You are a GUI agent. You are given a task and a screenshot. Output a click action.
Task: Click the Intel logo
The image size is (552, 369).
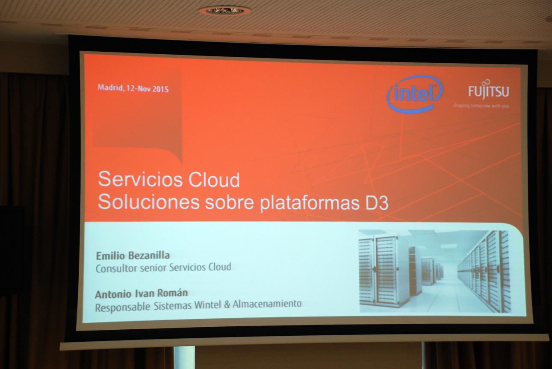414,94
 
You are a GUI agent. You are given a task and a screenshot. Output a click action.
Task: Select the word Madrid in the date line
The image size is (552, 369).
111,88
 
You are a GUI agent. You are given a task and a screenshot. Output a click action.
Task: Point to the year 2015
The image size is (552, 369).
160,89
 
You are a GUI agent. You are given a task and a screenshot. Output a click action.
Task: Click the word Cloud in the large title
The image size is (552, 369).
214,180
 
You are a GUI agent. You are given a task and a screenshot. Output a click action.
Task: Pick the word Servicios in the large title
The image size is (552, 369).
140,179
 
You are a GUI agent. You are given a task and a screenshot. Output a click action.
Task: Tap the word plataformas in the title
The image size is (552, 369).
310,204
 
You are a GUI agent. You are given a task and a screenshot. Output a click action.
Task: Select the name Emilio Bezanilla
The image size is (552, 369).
133,256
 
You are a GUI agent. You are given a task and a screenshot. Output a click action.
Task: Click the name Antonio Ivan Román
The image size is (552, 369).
142,294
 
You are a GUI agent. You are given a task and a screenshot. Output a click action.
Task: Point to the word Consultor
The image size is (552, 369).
116,268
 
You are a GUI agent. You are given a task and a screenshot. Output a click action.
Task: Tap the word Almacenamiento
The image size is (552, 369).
267,304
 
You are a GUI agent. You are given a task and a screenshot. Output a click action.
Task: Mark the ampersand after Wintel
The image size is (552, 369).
227,305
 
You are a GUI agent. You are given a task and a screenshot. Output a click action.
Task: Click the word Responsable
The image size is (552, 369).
122,307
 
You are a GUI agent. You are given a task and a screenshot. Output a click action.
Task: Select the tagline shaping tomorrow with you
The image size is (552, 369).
481,106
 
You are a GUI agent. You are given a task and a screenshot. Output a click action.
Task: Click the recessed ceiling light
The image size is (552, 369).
225,11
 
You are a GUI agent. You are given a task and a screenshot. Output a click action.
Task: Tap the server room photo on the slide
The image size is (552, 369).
435,271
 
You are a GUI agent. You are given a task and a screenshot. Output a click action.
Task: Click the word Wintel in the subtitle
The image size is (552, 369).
207,305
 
